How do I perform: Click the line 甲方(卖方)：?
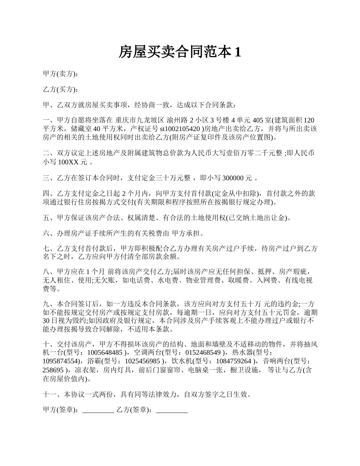click(x=61, y=74)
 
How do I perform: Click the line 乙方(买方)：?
click(x=61, y=89)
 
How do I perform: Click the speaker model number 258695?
click(x=53, y=369)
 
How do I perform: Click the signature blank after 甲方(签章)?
click(x=98, y=410)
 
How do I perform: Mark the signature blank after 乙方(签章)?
click(x=172, y=410)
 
